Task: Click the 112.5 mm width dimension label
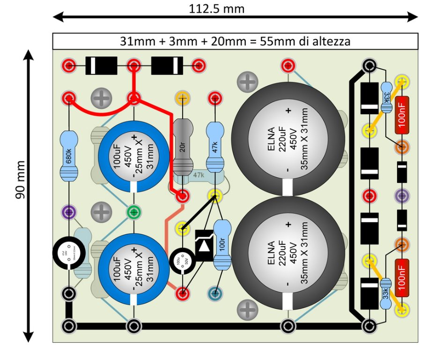(x=216, y=8)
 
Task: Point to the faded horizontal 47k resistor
(x=199, y=175)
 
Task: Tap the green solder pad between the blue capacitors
(x=133, y=212)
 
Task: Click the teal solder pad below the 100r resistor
(x=215, y=294)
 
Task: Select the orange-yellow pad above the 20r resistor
(x=182, y=98)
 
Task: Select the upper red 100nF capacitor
(x=402, y=114)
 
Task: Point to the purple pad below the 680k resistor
(x=69, y=212)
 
